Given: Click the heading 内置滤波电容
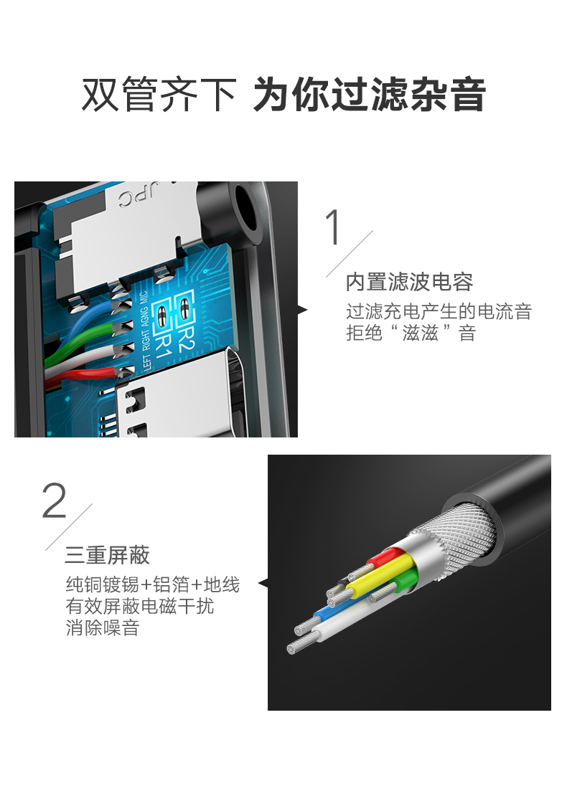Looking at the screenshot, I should click(409, 282).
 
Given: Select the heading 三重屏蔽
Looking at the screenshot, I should click(107, 555).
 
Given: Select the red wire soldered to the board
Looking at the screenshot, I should click(86, 374).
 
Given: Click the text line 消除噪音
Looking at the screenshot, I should click(103, 629).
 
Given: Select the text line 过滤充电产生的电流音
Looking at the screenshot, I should click(439, 312).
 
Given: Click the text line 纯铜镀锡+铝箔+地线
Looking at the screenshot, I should click(152, 584).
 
